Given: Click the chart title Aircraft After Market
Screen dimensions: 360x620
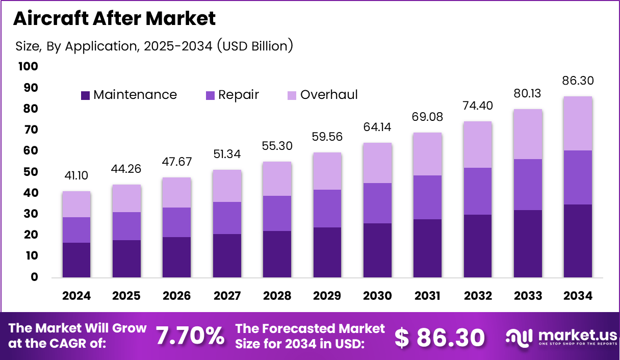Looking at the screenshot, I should [114, 19].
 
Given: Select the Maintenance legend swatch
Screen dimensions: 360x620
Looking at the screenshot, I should [85, 95].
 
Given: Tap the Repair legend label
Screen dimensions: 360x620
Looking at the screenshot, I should [239, 95].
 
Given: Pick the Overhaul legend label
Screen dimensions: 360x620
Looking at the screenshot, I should [329, 95].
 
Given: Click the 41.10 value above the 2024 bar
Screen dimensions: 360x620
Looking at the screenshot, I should [76, 175].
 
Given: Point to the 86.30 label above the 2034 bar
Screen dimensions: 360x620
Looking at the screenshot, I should [578, 81].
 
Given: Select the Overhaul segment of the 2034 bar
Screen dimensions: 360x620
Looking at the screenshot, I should [578, 123].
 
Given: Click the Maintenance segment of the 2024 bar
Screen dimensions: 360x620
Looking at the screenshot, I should [76, 260].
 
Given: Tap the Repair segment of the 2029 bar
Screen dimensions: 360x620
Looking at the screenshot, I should [327, 209].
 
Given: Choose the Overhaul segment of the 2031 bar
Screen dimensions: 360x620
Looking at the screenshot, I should [428, 154].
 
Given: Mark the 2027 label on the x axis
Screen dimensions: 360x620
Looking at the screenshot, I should [227, 296].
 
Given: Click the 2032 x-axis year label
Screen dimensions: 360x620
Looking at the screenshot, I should [478, 296].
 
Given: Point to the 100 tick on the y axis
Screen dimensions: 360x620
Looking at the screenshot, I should [28, 67].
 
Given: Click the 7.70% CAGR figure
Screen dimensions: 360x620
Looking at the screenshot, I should [190, 336].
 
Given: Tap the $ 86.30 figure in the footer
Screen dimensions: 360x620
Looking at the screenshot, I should [440, 337].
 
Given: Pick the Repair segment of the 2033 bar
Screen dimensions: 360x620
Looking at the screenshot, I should [528, 185].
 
